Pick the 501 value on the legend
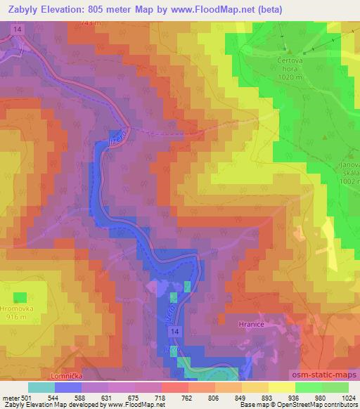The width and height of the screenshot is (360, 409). pos(26,397)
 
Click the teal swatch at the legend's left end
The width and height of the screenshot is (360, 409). pos(41,387)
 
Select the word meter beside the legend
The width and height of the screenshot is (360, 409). pos(9,397)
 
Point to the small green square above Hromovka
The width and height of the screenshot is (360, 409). pos(20,297)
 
